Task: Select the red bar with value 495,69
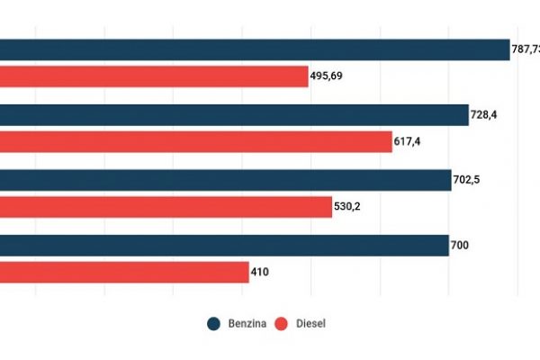[154, 77]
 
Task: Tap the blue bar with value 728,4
[234, 115]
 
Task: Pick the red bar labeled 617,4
[196, 142]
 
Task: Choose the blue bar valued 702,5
[225, 180]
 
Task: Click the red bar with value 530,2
[166, 207]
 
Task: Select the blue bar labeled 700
[224, 245]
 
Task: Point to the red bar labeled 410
[124, 272]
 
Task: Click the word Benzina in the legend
[246, 324]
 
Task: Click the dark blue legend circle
[214, 324]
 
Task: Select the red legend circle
[281, 324]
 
